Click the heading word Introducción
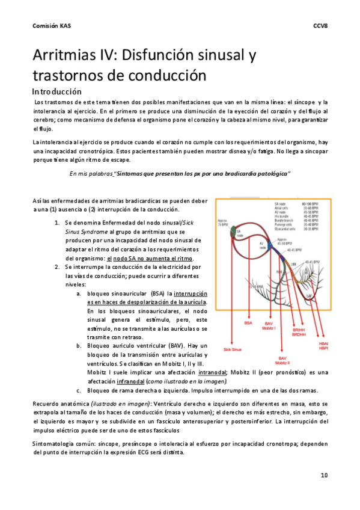[x=56, y=92]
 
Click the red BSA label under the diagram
[x=248, y=324]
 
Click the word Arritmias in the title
[x=70, y=57]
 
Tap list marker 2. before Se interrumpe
[x=57, y=266]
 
